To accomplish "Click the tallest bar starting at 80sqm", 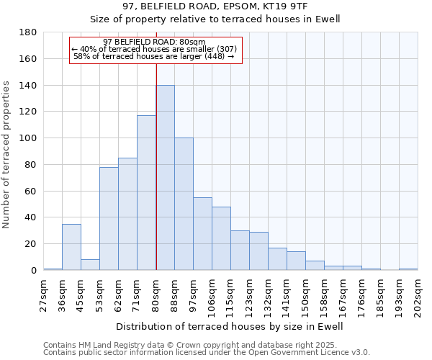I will (x=165, y=178).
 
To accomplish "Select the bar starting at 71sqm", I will (x=146, y=193).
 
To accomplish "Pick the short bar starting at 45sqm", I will (x=90, y=265).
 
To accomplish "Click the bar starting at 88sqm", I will (x=184, y=204).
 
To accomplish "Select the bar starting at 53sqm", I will (x=109, y=219).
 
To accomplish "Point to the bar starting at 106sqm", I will (x=221, y=238).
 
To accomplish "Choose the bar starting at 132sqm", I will (x=277, y=259).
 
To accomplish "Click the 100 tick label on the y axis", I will (x=29, y=138).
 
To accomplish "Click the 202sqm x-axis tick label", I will (x=418, y=295).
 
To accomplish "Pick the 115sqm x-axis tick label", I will (x=230, y=295).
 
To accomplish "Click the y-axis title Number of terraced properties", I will (x=6, y=155).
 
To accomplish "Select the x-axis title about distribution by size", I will (x=229, y=326).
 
